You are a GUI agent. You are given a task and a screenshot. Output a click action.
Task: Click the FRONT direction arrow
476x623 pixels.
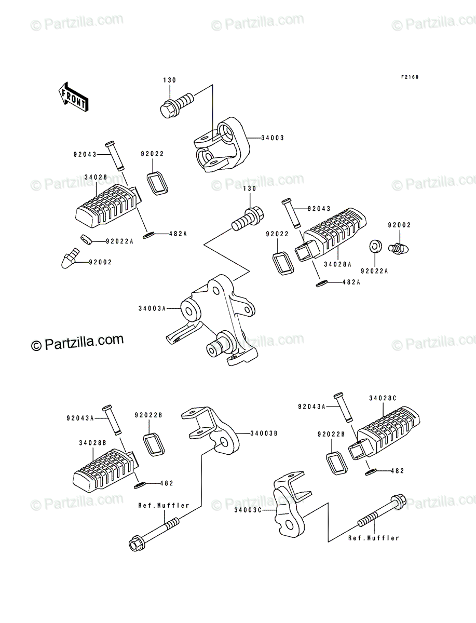tap(73, 97)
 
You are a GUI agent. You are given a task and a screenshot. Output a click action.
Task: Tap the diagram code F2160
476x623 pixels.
tap(409, 77)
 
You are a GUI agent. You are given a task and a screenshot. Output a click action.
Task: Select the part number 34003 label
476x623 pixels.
tap(273, 138)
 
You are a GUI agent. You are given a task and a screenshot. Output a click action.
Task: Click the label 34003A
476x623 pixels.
tap(152, 308)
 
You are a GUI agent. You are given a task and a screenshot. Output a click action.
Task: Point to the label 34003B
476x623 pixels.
tap(264, 433)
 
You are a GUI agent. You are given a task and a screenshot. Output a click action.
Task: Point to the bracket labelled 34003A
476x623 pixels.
tap(218, 322)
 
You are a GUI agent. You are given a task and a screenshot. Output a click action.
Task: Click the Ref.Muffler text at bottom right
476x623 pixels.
tap(374, 538)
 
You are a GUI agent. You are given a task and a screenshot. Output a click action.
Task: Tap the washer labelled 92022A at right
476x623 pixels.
tap(374, 245)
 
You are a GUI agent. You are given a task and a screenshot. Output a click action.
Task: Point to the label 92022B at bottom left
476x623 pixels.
tap(148, 415)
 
